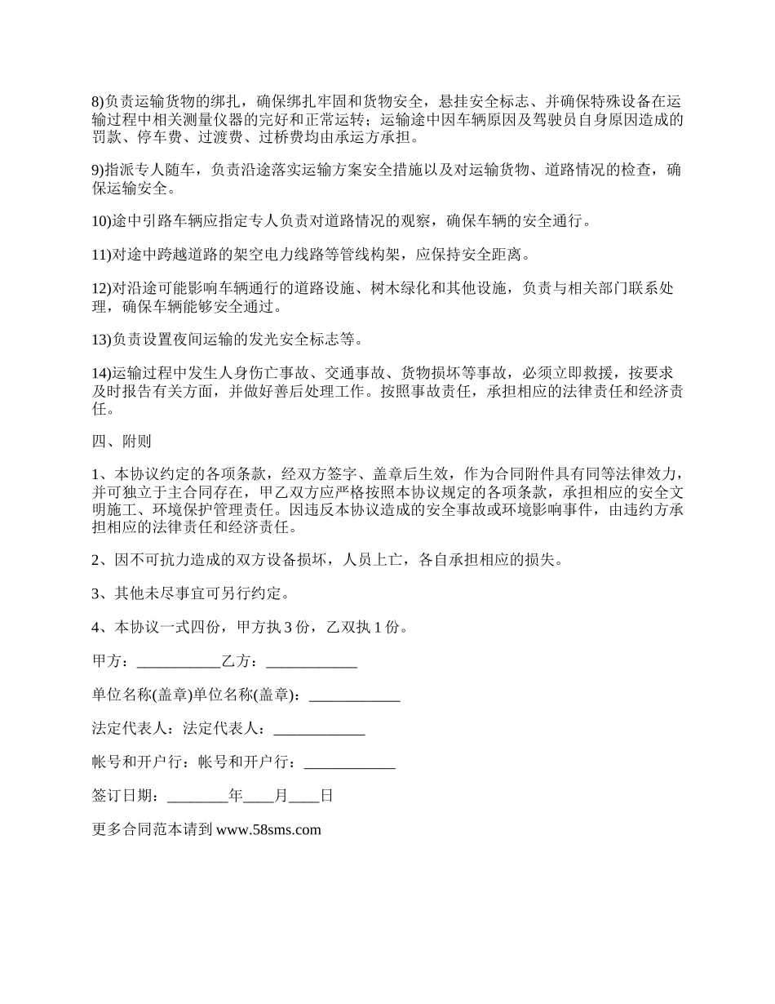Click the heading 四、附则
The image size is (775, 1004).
(x=121, y=442)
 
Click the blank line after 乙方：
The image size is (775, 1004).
(x=312, y=662)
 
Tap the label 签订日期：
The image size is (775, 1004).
(x=129, y=796)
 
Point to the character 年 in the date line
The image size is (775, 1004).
(x=237, y=796)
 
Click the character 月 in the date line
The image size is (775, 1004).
(x=281, y=796)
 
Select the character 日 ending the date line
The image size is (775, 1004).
(x=326, y=796)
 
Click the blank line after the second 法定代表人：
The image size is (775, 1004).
(x=319, y=729)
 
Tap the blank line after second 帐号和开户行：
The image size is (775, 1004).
(x=349, y=763)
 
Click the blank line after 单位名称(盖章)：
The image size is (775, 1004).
(x=355, y=695)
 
